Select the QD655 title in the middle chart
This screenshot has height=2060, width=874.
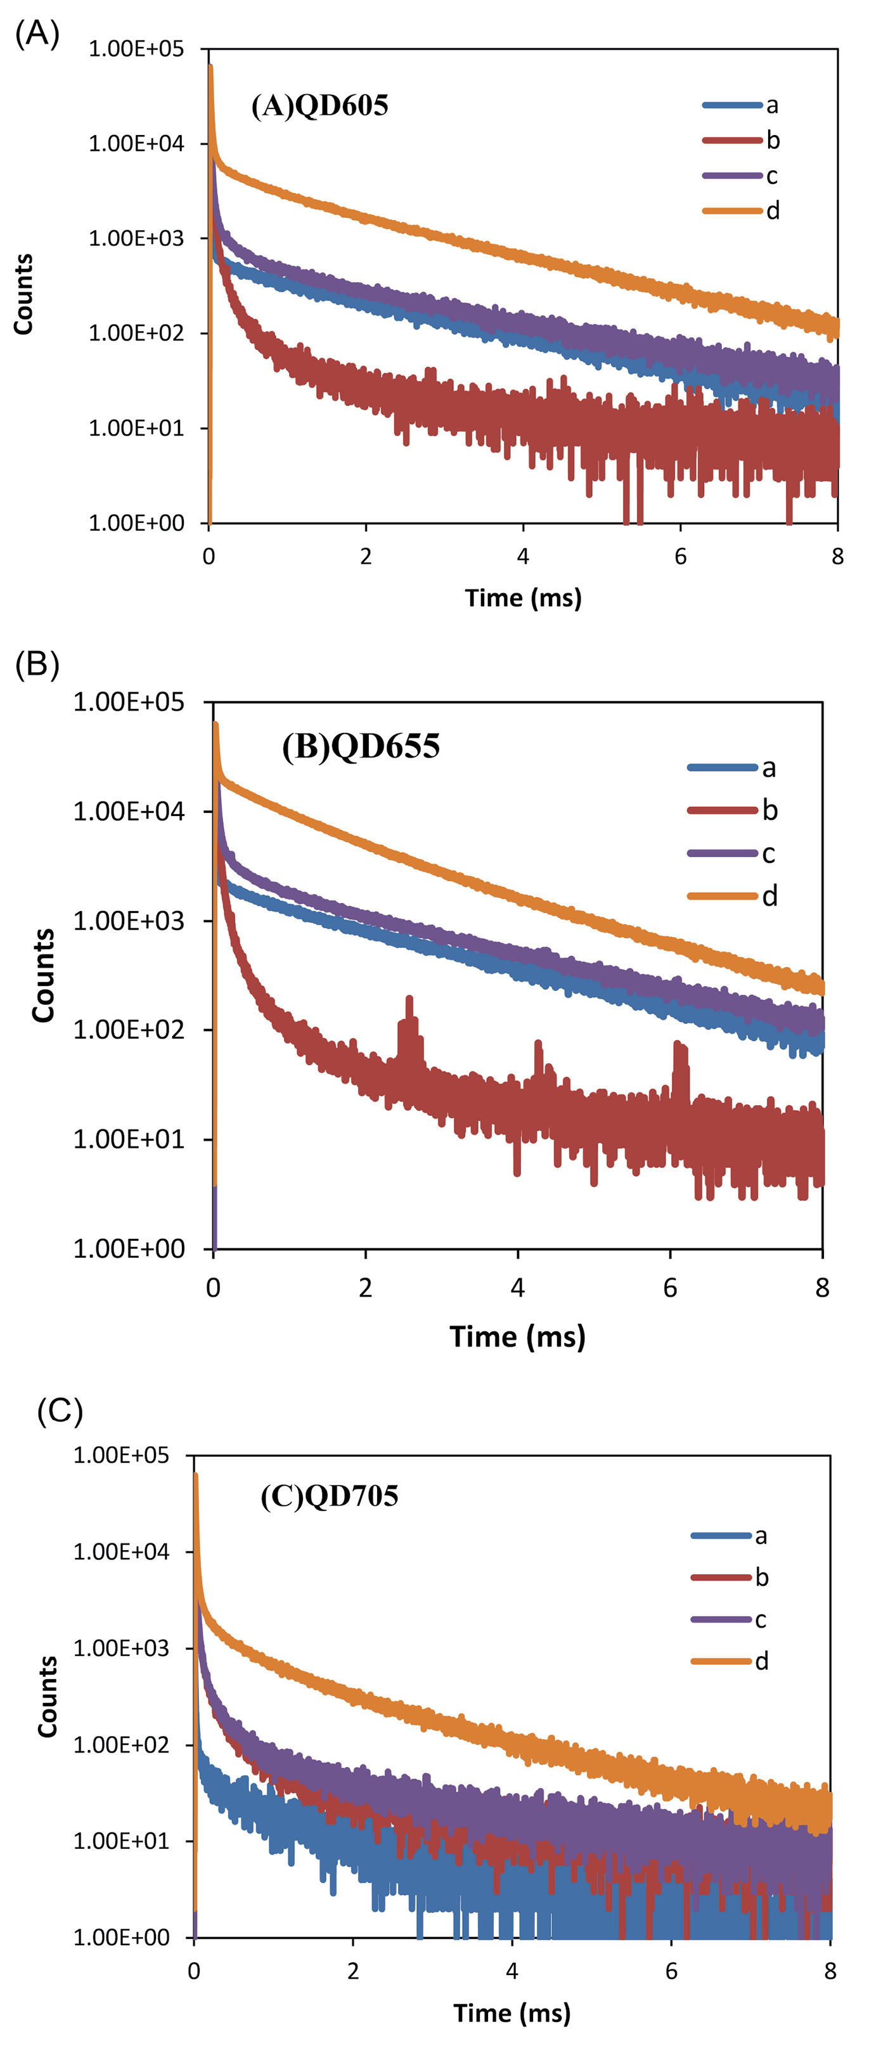(361, 746)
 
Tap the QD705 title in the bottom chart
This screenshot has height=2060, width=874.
(330, 1496)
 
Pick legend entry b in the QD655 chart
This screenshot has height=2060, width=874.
(733, 811)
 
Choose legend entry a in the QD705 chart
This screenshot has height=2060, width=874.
(729, 1536)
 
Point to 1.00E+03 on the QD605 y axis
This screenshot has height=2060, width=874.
(136, 238)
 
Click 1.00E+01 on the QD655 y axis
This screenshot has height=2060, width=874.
(128, 1139)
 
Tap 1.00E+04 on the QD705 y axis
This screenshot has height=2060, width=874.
(121, 1551)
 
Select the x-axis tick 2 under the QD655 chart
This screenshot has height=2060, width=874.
(366, 1288)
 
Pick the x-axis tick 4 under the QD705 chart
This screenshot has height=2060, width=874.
(511, 1971)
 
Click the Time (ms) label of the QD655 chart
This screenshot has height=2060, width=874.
(517, 1337)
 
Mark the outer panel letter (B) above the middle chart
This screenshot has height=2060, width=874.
(37, 664)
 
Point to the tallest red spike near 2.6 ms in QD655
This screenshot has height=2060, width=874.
(410, 1000)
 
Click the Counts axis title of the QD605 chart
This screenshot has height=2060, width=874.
(23, 294)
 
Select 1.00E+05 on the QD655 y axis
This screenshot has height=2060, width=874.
(128, 702)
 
